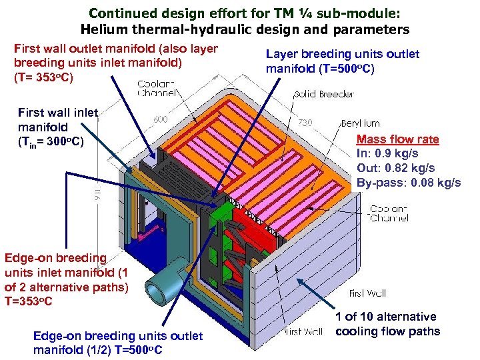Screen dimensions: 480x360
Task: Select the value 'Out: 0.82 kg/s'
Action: click(396, 167)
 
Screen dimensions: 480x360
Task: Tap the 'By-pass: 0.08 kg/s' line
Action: click(408, 182)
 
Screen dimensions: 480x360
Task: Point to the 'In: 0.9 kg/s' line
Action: click(387, 153)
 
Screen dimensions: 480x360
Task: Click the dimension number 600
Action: click(160, 120)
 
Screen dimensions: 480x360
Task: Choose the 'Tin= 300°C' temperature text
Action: click(51, 141)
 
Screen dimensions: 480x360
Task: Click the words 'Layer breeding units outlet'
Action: click(343, 54)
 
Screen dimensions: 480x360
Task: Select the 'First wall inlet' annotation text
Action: click(58, 113)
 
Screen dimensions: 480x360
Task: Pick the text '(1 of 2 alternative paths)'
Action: click(66, 279)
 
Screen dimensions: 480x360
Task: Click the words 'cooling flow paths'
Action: click(387, 331)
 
